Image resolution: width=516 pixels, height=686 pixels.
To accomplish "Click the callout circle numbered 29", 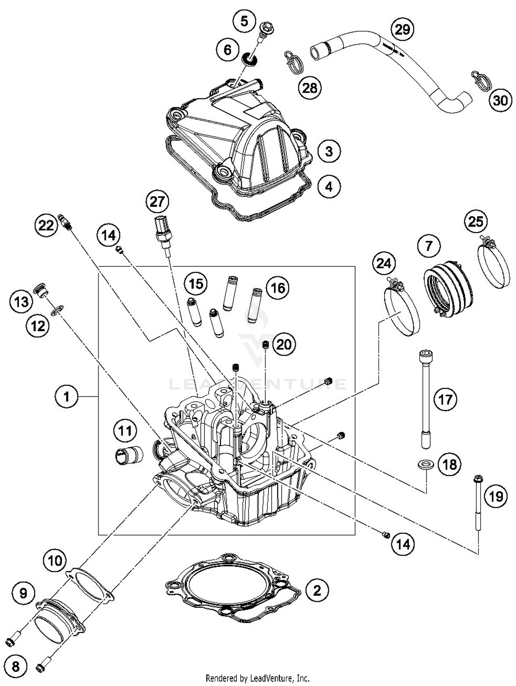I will coord(402,29).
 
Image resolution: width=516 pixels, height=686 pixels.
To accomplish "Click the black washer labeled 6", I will coord(250,59).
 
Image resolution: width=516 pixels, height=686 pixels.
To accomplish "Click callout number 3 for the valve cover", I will coord(329,151).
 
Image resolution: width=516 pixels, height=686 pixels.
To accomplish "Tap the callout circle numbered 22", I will coord(46,226).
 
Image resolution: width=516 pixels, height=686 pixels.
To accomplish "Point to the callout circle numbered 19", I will coord(496,496).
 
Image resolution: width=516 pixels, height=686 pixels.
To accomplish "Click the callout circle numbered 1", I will coord(66,397).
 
